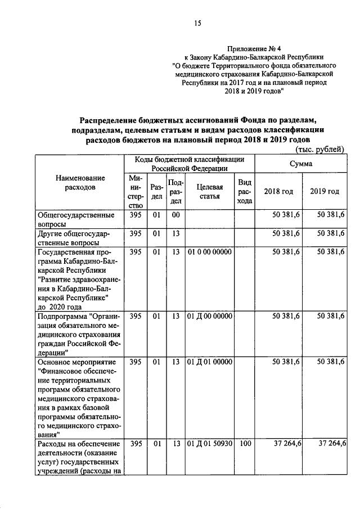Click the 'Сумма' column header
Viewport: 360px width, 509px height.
tap(301, 163)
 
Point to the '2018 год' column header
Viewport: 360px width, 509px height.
tap(278, 191)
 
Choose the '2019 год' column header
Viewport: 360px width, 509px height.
tap(324, 191)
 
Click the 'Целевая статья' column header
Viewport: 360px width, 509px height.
tap(210, 191)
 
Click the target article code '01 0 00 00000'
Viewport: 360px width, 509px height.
tap(210, 252)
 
